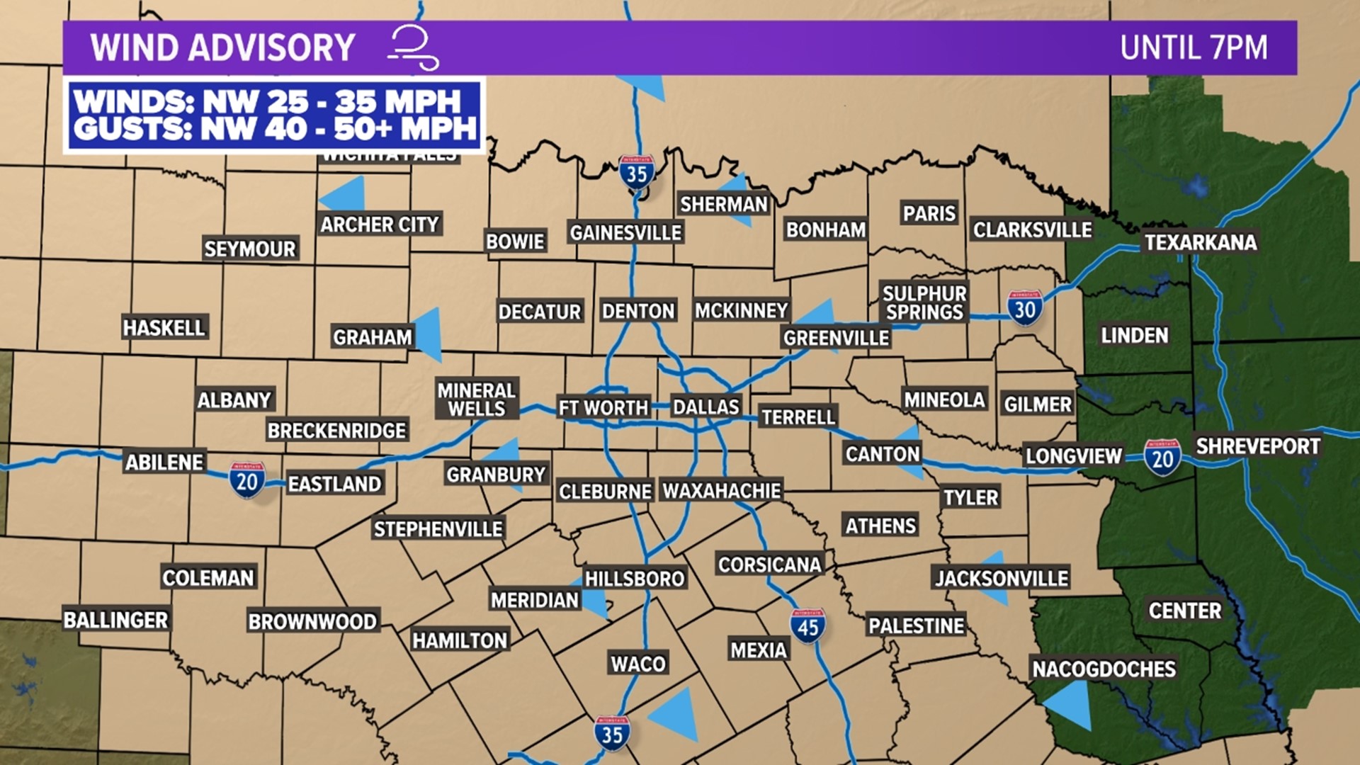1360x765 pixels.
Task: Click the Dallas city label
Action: [x=705, y=407]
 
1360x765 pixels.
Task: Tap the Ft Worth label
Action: [x=603, y=408]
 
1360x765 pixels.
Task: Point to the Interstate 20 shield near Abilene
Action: [x=246, y=480]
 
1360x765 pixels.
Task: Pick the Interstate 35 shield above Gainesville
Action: [x=636, y=172]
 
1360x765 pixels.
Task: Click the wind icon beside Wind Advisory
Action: [x=414, y=47]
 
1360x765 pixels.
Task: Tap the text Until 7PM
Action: [x=1194, y=48]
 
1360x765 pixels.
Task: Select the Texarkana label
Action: [x=1201, y=242]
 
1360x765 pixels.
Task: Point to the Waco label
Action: [x=638, y=664]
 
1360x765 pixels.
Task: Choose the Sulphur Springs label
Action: [x=924, y=302]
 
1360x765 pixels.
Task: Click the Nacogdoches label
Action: [x=1104, y=669]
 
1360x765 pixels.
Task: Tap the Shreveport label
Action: [x=1258, y=446]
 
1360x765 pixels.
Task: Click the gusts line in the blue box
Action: [x=275, y=130]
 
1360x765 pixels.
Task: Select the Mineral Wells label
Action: [x=477, y=399]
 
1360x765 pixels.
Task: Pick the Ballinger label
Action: [x=115, y=620]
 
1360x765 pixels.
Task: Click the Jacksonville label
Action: [x=1002, y=578]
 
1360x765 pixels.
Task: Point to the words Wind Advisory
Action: [x=222, y=48]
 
